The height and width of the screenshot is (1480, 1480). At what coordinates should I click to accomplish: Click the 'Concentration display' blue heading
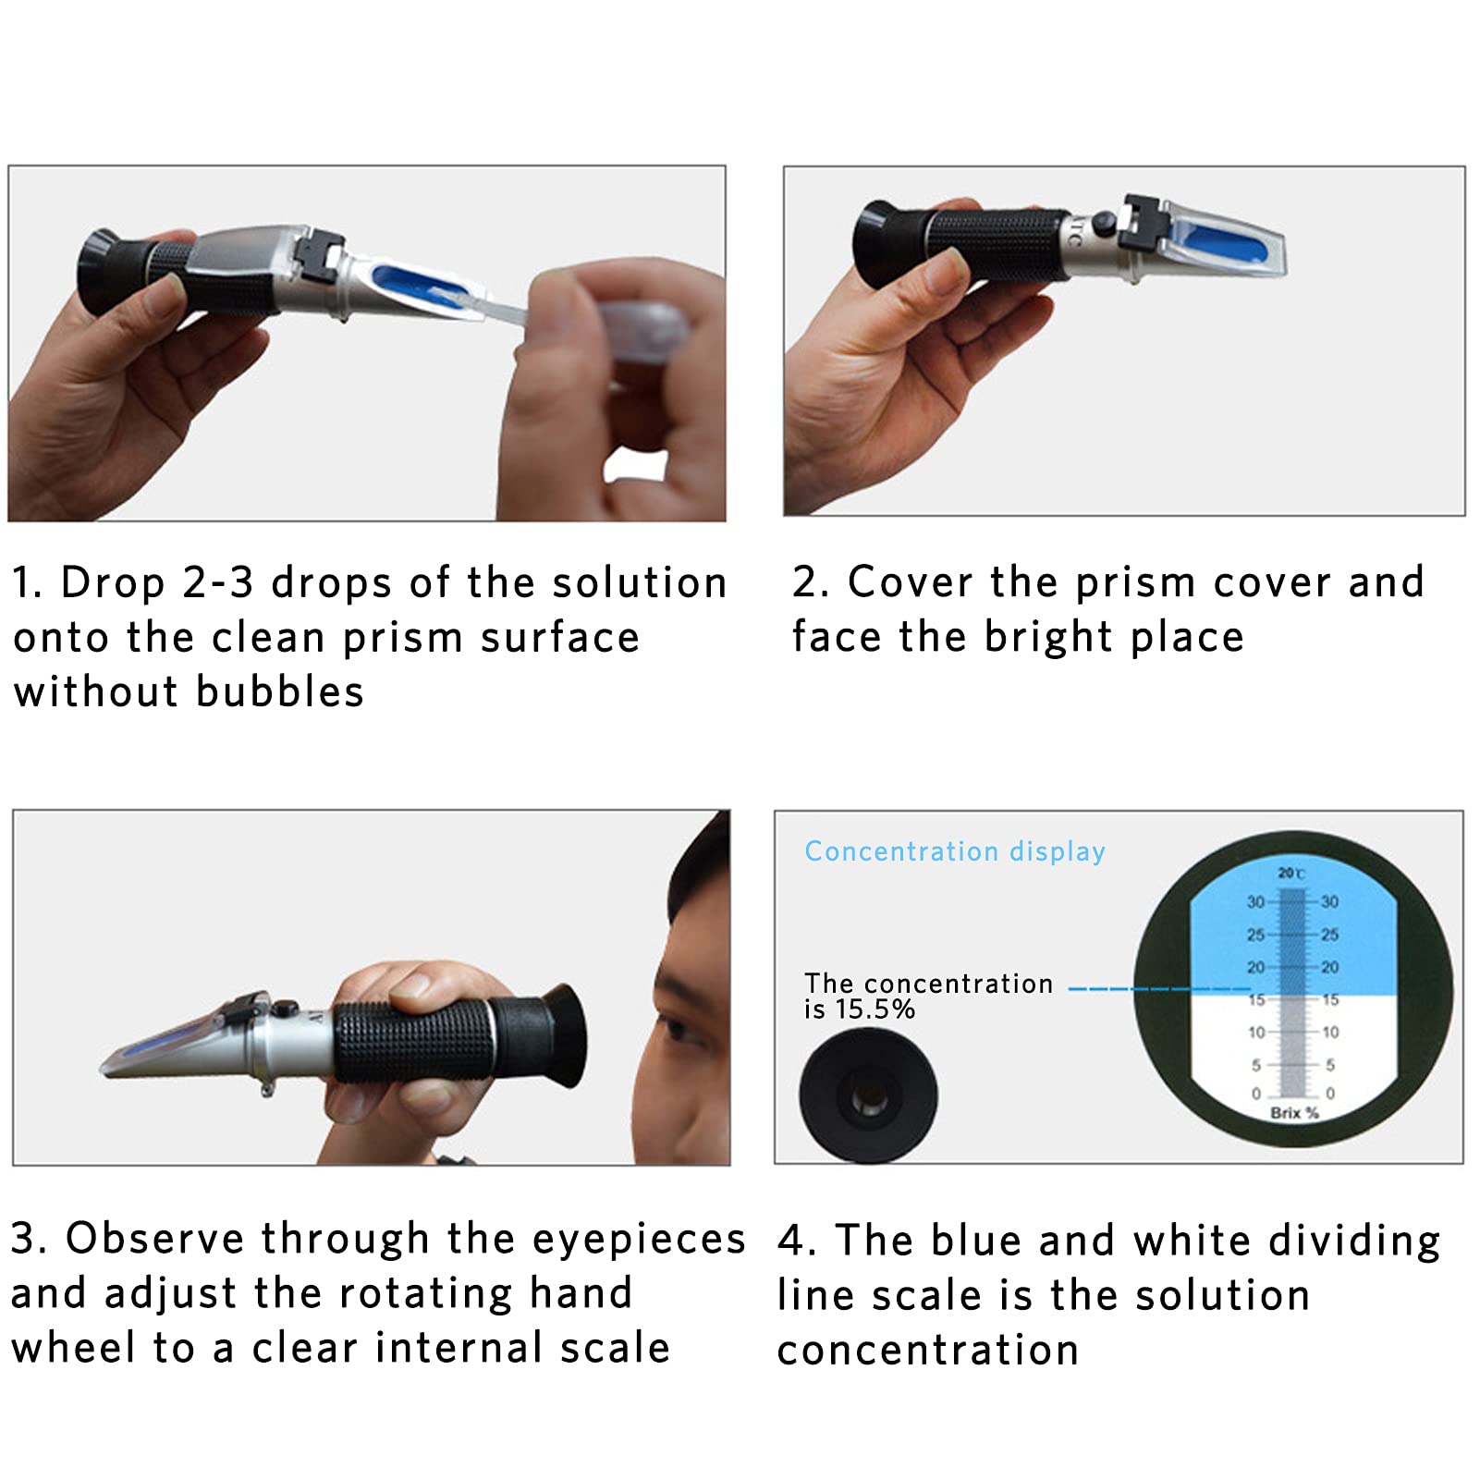[x=954, y=850]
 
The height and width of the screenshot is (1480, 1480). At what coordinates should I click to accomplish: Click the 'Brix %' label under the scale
[x=1293, y=1113]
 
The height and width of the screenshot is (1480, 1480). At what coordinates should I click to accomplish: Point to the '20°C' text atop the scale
[x=1290, y=873]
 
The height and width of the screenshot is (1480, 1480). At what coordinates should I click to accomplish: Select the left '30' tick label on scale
[x=1254, y=901]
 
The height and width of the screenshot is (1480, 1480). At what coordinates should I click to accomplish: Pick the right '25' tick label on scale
[x=1329, y=935]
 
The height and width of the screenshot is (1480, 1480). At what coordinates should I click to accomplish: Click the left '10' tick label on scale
[x=1255, y=1032]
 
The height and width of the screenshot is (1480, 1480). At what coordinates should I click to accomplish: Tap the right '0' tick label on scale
[x=1330, y=1093]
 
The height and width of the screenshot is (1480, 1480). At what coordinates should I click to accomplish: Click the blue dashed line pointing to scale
[x=1156, y=989]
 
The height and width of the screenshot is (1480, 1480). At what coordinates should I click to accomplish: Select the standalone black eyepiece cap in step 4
[x=868, y=1097]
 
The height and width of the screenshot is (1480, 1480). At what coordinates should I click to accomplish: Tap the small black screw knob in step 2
[x=1102, y=222]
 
